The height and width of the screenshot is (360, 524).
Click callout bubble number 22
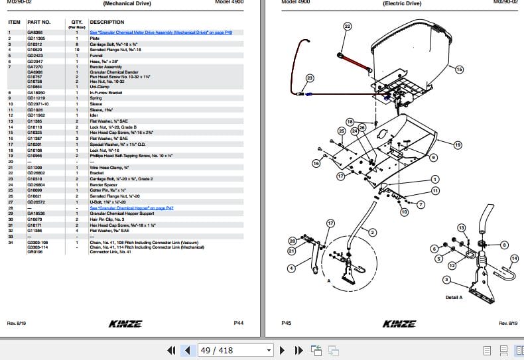point(347,27)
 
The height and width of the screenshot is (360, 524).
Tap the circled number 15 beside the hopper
point(460,69)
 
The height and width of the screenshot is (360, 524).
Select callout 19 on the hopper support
point(457,145)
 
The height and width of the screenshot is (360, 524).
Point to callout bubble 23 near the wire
point(309,78)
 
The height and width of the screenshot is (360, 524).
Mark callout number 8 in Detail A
point(505,245)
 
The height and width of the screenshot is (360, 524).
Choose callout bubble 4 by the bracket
point(291,268)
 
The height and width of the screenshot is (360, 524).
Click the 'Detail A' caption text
point(454,297)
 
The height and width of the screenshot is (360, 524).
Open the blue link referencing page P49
point(161,32)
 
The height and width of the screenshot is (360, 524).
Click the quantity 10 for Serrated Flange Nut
point(77,50)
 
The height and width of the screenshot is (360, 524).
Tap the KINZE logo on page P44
point(130,323)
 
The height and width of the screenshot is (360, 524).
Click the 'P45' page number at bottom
point(286,323)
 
